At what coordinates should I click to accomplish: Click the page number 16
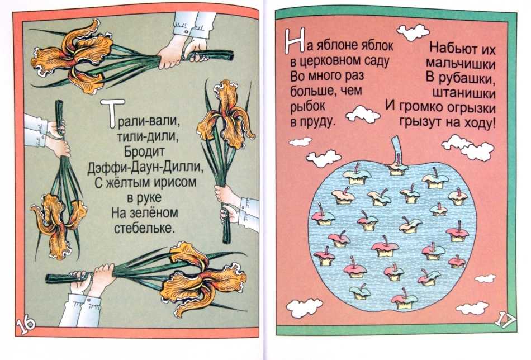[x=25, y=324]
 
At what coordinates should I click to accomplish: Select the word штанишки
[x=464, y=93]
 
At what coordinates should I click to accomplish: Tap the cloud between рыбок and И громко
[x=363, y=114]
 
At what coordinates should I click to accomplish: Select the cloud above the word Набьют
[x=413, y=32]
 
